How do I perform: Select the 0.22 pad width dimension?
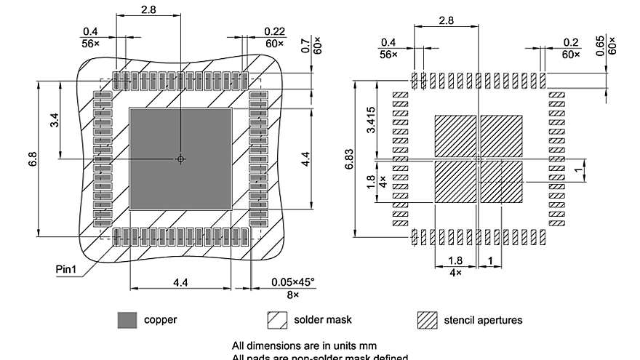click(x=273, y=31)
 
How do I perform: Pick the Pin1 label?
click(x=67, y=270)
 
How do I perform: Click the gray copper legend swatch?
click(x=127, y=320)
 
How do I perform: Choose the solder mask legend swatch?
click(x=277, y=320)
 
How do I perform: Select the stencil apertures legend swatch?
click(x=427, y=320)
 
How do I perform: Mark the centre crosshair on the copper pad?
click(x=181, y=159)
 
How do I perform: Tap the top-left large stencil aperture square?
click(x=455, y=135)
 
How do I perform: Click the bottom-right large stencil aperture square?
click(x=501, y=182)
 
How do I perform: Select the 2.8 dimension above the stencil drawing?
click(x=446, y=20)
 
